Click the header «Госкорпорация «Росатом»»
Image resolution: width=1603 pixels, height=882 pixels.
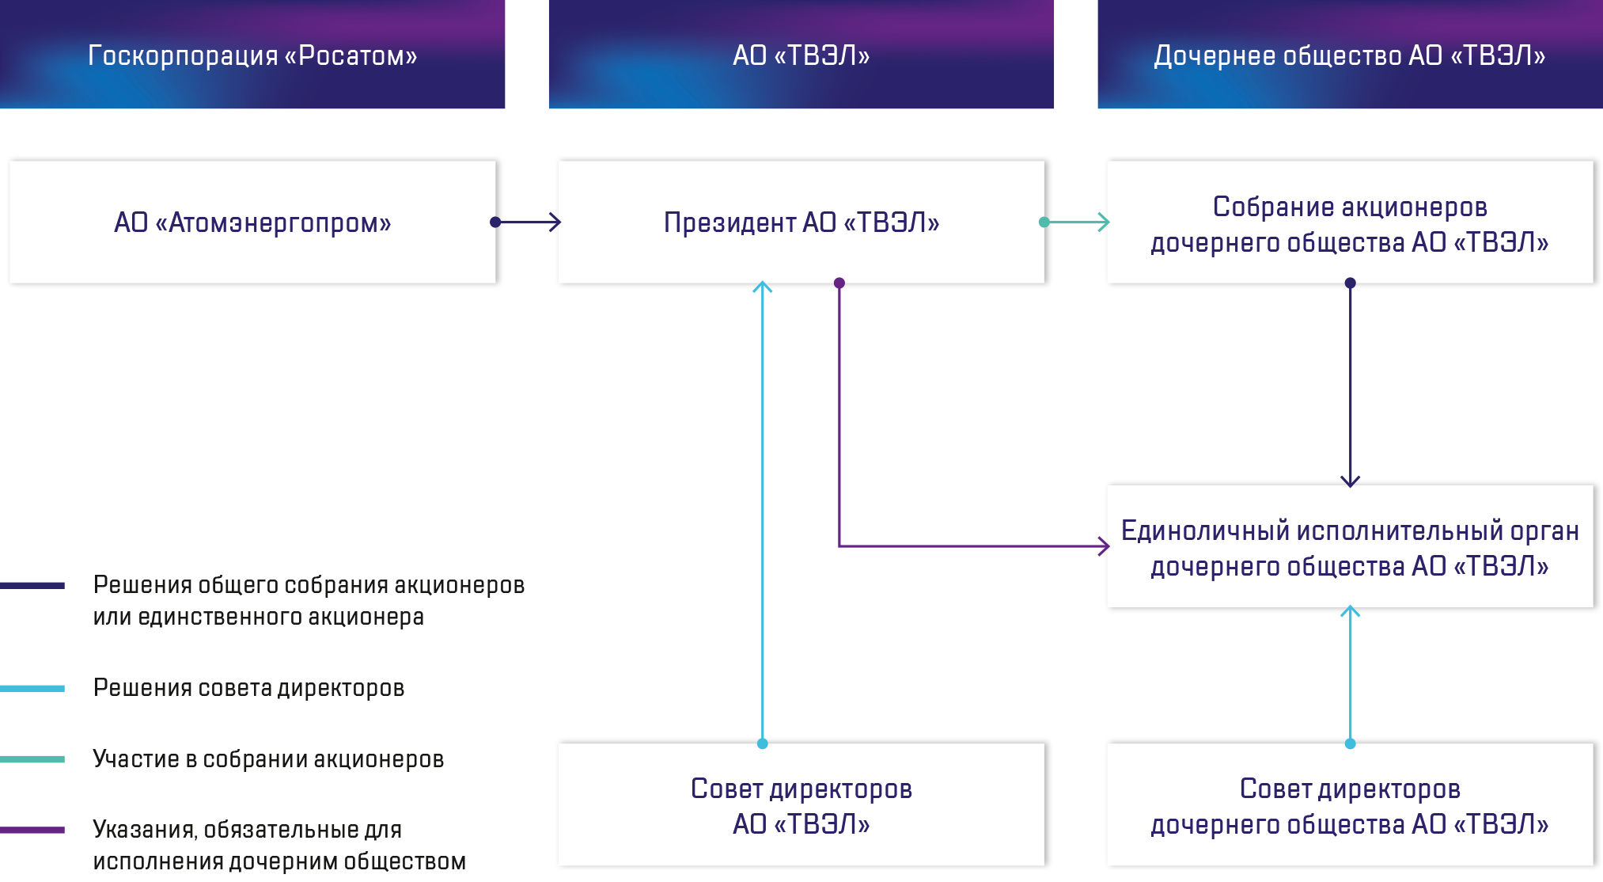click(x=252, y=55)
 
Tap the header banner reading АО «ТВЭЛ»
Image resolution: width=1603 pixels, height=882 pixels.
click(x=801, y=55)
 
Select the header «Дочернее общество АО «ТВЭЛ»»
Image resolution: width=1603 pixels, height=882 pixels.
click(x=1349, y=55)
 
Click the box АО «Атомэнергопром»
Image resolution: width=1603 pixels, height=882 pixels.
click(x=253, y=222)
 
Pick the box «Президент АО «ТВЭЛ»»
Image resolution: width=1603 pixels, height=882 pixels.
click(x=802, y=222)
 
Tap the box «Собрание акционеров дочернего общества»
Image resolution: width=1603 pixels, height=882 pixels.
click(x=1350, y=224)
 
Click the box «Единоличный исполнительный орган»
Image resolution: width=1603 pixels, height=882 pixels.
click(x=1350, y=548)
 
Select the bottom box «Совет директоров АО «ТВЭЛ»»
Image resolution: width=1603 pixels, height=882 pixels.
click(x=801, y=806)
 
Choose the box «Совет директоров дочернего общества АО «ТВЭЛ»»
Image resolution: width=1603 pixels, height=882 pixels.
click(x=1350, y=806)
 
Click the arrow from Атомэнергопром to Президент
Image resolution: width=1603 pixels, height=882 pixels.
click(x=526, y=222)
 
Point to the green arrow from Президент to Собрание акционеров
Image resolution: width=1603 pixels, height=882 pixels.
click(x=1076, y=222)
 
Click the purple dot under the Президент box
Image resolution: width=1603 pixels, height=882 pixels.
click(x=839, y=283)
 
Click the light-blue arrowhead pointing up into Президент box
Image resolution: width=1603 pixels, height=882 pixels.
click(x=762, y=287)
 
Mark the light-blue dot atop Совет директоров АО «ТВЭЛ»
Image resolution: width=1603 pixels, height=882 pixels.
click(x=763, y=743)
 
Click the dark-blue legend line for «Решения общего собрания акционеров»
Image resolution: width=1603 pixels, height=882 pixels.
click(x=32, y=586)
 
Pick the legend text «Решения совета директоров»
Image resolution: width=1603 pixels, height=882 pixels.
click(x=248, y=688)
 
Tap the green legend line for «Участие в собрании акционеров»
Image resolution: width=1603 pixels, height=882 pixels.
click(x=32, y=759)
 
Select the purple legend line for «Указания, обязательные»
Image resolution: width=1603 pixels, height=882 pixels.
click(x=32, y=830)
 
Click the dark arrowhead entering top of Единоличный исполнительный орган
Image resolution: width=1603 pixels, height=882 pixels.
click(x=1350, y=480)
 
